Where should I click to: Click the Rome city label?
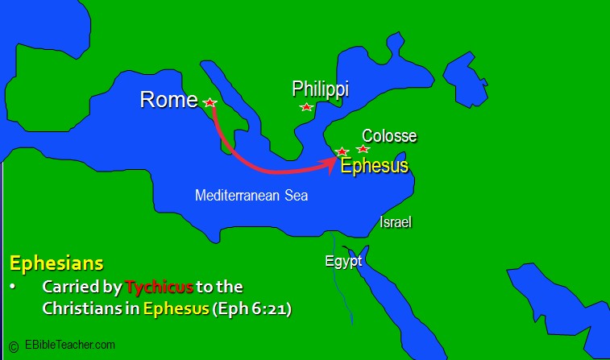[168, 100]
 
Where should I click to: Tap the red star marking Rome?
[210, 103]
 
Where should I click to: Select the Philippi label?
[320, 89]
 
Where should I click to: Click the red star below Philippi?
[306, 107]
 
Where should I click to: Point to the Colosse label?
[389, 136]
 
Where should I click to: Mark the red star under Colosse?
[363, 149]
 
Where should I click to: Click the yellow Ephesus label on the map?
[374, 166]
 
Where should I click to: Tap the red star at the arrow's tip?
[342, 151]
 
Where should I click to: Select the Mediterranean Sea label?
[251, 195]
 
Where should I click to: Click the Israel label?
[396, 221]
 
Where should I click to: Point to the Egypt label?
[343, 261]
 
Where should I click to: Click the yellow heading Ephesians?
[56, 263]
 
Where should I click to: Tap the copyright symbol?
[14, 346]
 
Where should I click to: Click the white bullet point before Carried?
[13, 288]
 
